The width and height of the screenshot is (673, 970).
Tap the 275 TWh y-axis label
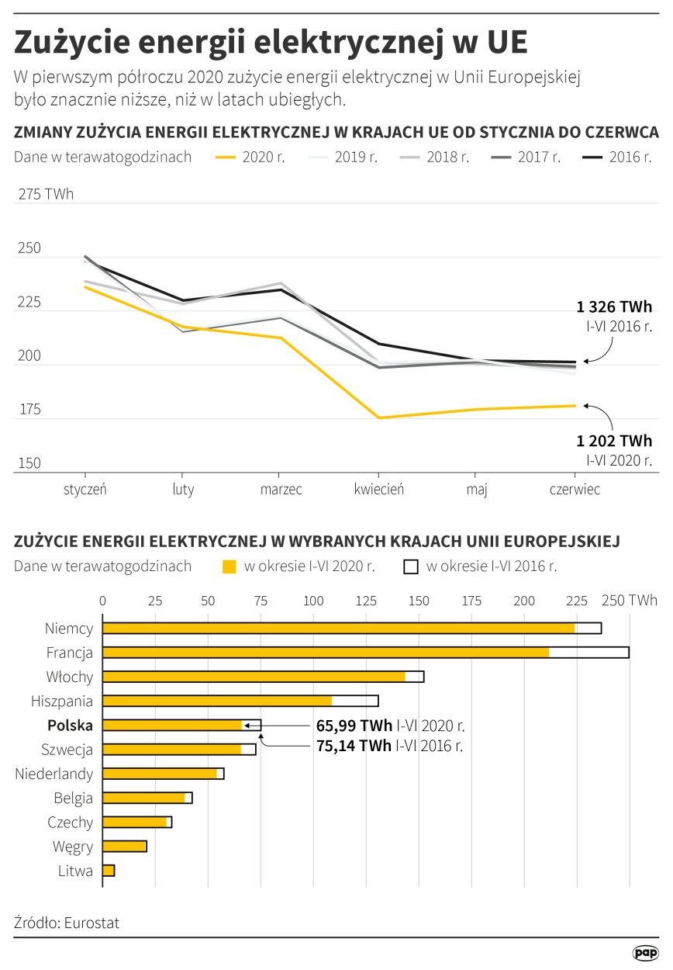point(47,195)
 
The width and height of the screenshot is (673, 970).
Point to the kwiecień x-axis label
point(378,490)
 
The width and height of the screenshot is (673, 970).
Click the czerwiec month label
point(575,490)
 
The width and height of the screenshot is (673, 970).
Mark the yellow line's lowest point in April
point(378,418)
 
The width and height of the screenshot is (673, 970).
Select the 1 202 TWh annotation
point(614,441)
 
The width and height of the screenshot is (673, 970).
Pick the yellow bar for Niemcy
point(338,629)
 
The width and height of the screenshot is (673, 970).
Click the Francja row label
point(70,653)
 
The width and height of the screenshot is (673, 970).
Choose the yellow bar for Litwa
point(109,871)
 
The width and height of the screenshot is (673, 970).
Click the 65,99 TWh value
point(354,726)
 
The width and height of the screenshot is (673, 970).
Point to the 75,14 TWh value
point(354,746)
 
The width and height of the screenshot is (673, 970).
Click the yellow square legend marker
point(229,566)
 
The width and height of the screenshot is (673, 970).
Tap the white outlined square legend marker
point(411,566)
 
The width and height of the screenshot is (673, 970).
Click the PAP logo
point(645,953)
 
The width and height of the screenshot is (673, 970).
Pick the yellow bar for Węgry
point(124,847)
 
